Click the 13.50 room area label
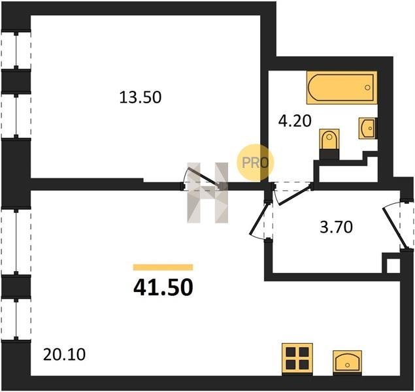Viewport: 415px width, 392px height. [141, 97]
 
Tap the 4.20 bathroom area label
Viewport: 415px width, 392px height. [295, 122]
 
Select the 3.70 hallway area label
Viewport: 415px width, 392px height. [336, 227]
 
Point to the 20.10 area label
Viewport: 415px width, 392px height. [64, 355]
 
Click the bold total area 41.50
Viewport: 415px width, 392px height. [163, 287]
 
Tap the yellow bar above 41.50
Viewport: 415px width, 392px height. [163, 267]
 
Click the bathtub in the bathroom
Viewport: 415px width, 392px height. [342, 88]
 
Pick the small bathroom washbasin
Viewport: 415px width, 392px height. [368, 128]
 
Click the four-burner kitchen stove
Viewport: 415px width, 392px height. [297, 359]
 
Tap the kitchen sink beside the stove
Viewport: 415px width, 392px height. [347, 362]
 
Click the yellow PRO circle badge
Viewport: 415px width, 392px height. [255, 163]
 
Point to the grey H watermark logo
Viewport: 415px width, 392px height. [208, 193]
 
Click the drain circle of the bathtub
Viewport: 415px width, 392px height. [367, 88]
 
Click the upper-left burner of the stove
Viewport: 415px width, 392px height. [291, 352]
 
